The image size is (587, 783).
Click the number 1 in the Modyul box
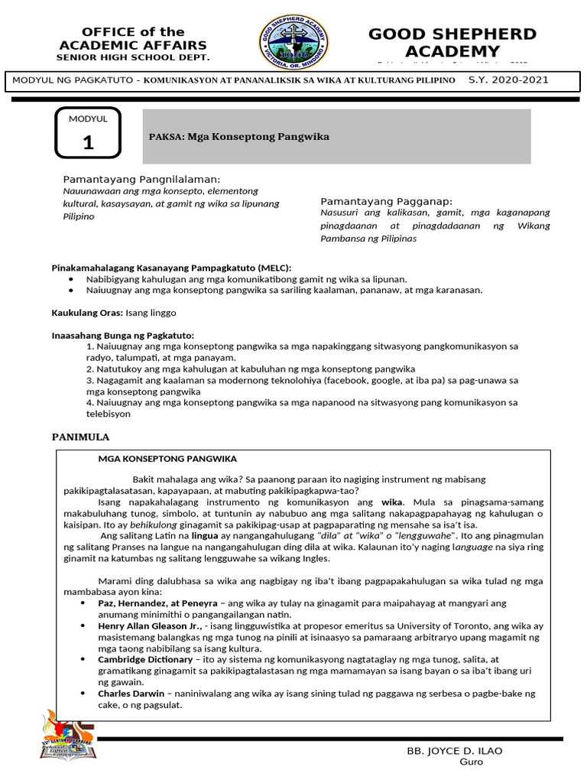(x=88, y=142)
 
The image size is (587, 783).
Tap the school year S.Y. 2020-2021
(x=508, y=80)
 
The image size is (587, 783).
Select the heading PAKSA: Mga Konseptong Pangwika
(x=239, y=136)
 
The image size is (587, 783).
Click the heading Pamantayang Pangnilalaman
(x=141, y=178)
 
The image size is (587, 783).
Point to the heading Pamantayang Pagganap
(x=387, y=200)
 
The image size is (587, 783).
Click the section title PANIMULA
(x=80, y=437)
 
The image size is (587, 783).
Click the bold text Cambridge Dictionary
(x=145, y=658)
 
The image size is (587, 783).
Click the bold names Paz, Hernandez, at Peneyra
(x=157, y=603)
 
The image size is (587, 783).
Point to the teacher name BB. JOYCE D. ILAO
(x=456, y=751)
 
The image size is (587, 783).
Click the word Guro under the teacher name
(x=471, y=762)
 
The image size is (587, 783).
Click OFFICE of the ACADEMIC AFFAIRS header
(x=133, y=38)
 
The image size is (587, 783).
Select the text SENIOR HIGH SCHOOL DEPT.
(x=133, y=57)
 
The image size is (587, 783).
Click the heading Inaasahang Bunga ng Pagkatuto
(x=122, y=335)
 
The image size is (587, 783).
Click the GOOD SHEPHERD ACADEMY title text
(x=452, y=42)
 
